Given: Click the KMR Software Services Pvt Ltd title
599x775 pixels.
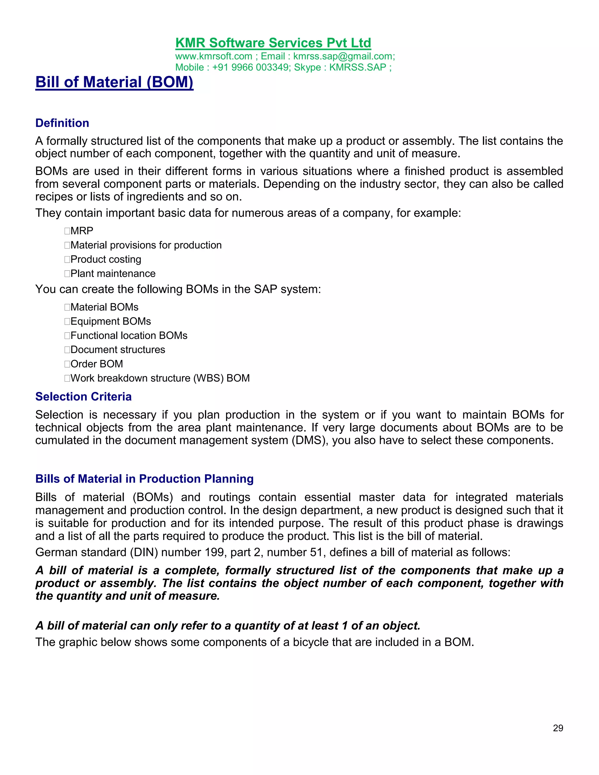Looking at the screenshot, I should pos(273,43).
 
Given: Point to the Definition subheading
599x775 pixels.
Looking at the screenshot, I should pos(62,123).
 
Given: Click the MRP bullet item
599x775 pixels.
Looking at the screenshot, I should pos(82,231).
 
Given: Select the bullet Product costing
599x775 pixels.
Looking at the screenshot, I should pos(106,259).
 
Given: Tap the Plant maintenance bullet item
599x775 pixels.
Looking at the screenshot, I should pos(113,274).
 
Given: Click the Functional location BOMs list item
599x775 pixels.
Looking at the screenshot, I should pos(129,336).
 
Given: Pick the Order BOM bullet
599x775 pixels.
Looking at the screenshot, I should pos(97,364).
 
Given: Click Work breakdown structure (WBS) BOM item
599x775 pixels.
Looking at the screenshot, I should pos(160,378).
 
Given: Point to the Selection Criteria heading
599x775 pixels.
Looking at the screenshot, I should pos(83,397).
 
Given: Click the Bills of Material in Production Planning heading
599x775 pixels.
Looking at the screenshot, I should pos(144,479).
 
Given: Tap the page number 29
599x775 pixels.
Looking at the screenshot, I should pos(558,728).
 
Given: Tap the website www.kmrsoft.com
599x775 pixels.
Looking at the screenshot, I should pos(214,56).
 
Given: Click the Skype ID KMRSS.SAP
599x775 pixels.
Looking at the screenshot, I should pos(357,68).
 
